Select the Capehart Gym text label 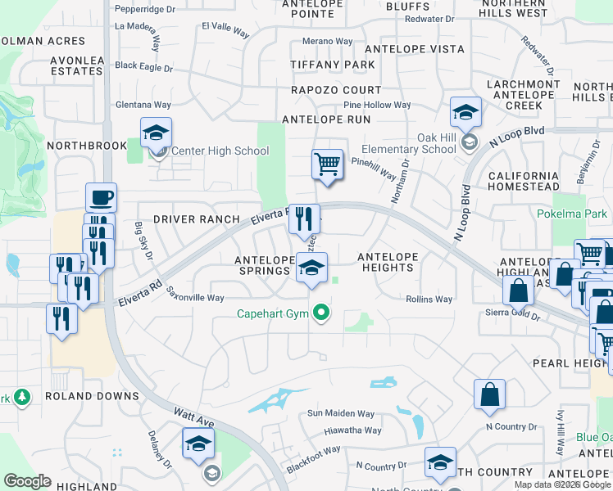[x=275, y=313]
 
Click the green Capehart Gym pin [x=323, y=312]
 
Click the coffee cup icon [x=102, y=197]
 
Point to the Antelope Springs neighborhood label [x=264, y=266]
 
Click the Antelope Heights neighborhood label [x=388, y=262]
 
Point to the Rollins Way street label [x=429, y=300]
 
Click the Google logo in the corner [x=27, y=481]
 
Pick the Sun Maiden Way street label [x=341, y=414]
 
